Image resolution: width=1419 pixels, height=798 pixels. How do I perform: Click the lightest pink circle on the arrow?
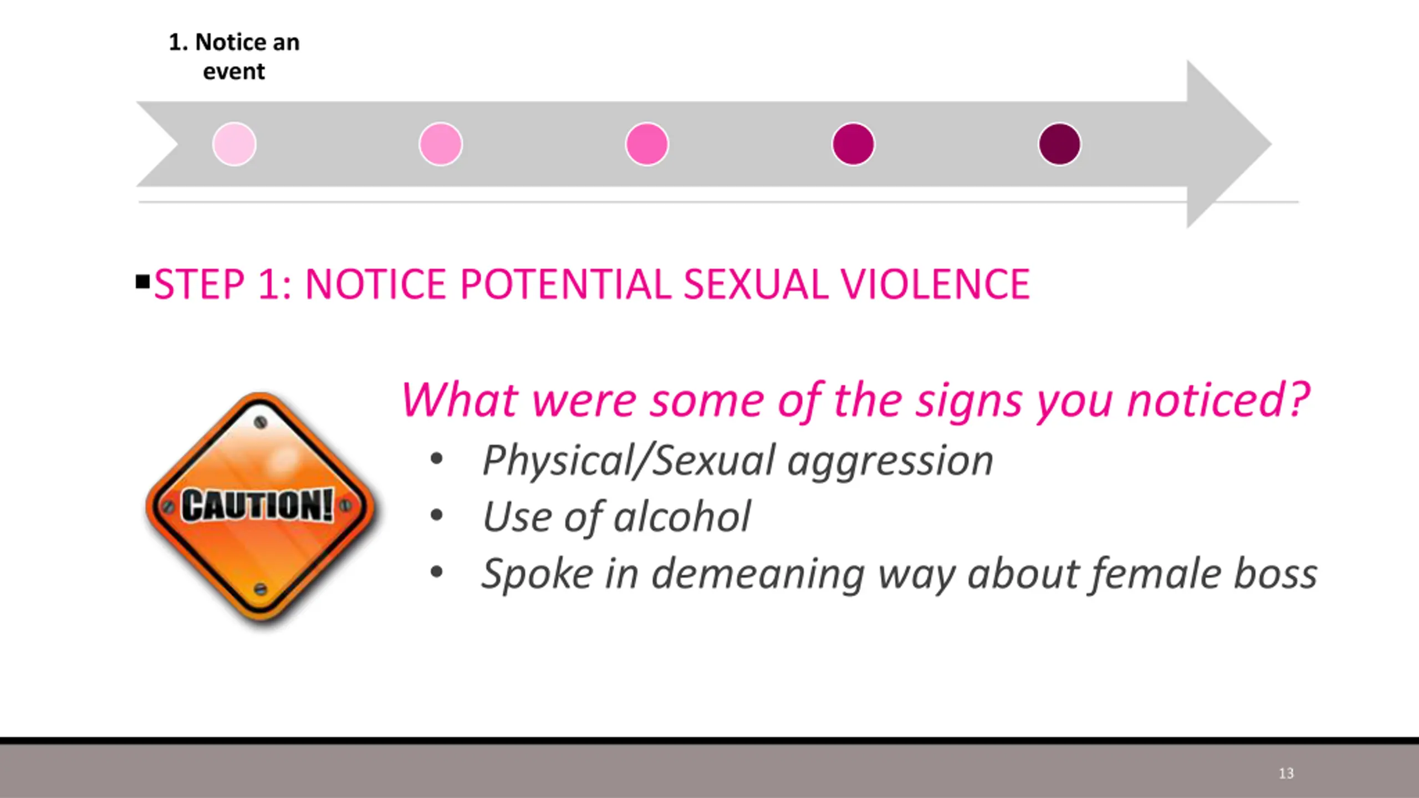pyautogui.click(x=234, y=144)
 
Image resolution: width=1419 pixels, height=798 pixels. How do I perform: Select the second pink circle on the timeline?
pyautogui.click(x=441, y=144)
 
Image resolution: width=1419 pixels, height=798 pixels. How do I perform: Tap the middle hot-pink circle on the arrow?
pyautogui.click(x=647, y=144)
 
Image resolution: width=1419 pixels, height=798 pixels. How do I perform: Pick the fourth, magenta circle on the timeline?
pyautogui.click(x=854, y=144)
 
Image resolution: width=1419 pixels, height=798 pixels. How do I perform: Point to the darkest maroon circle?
pyautogui.click(x=1059, y=144)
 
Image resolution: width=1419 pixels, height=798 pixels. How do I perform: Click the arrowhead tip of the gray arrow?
pyautogui.click(x=1271, y=144)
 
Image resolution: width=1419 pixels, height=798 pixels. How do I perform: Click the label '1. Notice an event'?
pyautogui.click(x=234, y=57)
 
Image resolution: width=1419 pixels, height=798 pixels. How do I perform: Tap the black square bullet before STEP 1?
pyautogui.click(x=142, y=282)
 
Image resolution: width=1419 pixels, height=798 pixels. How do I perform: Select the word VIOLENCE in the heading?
pyautogui.click(x=935, y=284)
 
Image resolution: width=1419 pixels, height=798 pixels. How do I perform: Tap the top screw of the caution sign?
pyautogui.click(x=260, y=422)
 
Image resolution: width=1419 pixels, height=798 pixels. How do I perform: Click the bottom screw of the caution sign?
pyautogui.click(x=260, y=589)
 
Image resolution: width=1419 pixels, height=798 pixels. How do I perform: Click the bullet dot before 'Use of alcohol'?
pyautogui.click(x=437, y=515)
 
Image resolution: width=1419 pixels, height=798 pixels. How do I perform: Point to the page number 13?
pyautogui.click(x=1286, y=773)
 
